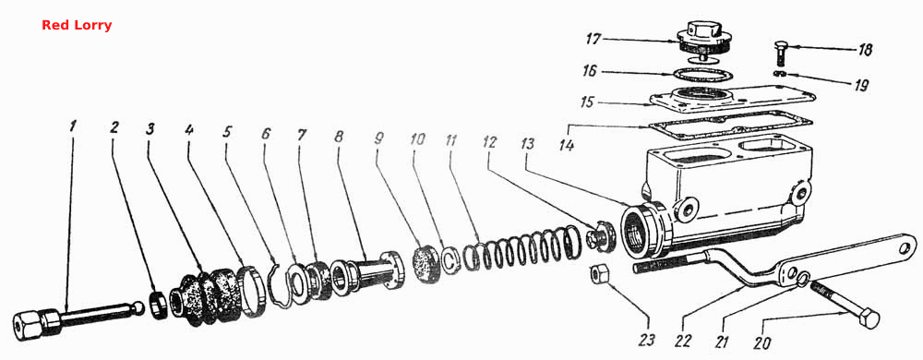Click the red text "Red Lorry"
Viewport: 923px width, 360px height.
[x=77, y=25]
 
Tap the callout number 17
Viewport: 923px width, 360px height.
[x=593, y=40]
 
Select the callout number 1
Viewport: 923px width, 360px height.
[x=72, y=126]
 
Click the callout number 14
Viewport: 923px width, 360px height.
[x=567, y=144]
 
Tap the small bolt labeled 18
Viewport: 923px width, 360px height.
[x=783, y=54]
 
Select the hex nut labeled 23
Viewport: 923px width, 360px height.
[x=599, y=273]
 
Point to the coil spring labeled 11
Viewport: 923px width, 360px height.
[x=521, y=248]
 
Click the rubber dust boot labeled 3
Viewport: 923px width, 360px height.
[x=206, y=296]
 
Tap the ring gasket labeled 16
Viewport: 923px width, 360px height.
[x=703, y=77]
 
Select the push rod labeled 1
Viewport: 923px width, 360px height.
[x=77, y=318]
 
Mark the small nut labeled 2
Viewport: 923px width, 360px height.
[x=159, y=304]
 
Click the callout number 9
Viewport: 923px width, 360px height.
[x=378, y=139]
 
